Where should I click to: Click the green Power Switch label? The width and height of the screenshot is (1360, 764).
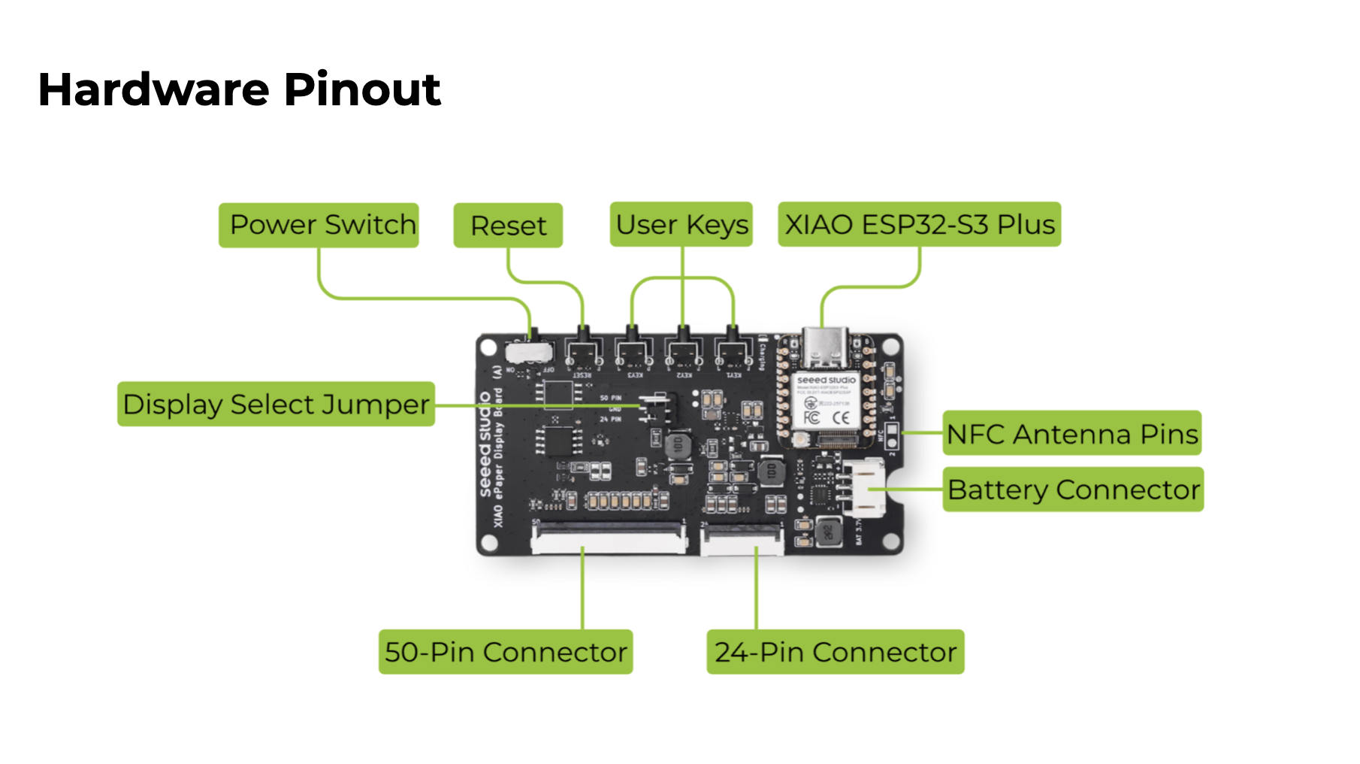[319, 225]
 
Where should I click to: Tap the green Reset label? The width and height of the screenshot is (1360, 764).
[508, 226]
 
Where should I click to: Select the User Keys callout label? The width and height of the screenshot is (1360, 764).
[682, 224]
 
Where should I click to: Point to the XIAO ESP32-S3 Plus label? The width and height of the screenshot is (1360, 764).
[919, 224]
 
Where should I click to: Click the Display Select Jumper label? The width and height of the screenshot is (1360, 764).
[276, 405]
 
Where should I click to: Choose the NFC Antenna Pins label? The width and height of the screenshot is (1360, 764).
[1071, 433]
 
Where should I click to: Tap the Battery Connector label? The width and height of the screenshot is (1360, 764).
[1073, 490]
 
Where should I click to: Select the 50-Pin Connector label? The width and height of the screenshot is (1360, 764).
[506, 652]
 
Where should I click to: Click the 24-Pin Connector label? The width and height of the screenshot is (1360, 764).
[835, 652]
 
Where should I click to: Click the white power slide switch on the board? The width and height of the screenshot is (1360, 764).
[528, 351]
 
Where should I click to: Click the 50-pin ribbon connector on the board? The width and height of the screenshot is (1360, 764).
[609, 539]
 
